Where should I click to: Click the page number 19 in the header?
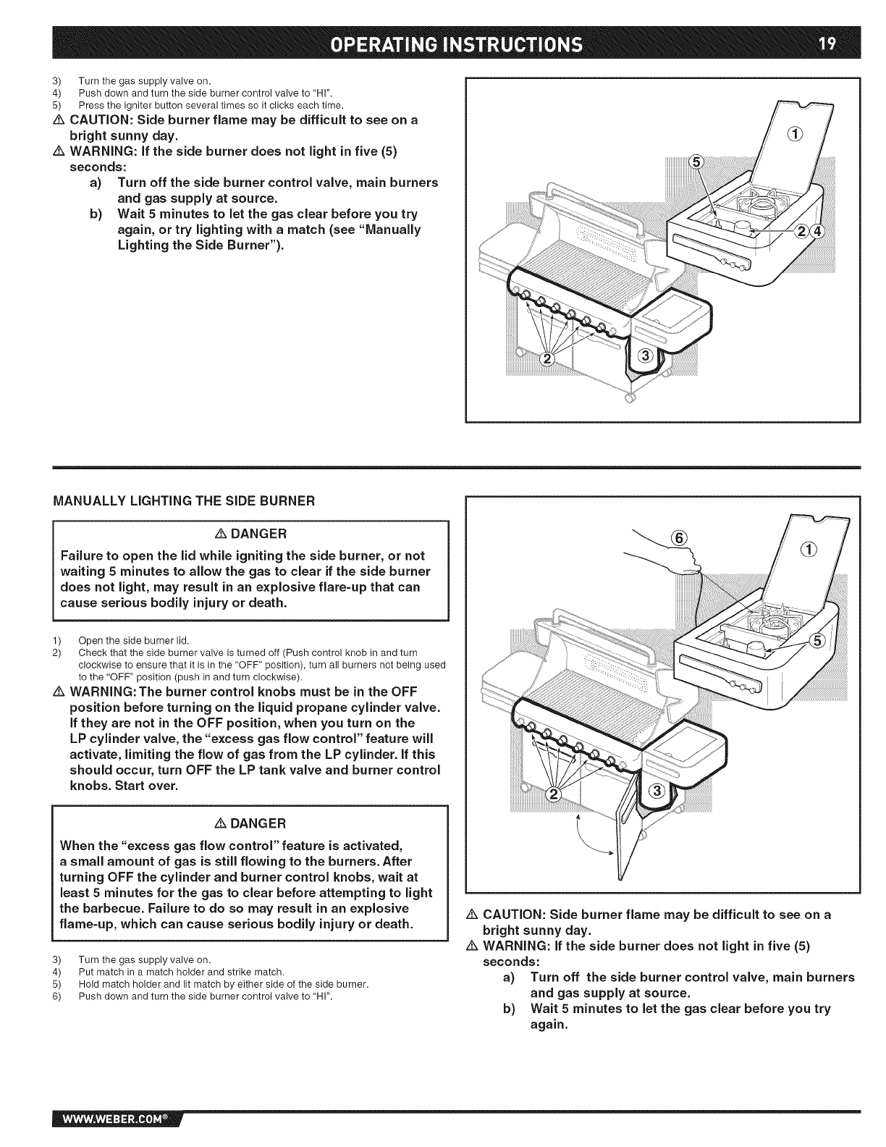pyautogui.click(x=827, y=44)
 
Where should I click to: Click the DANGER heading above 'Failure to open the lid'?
pyautogui.click(x=251, y=534)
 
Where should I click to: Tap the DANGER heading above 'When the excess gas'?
pyautogui.click(x=251, y=823)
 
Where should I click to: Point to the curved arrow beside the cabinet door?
pyautogui.click(x=591, y=840)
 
